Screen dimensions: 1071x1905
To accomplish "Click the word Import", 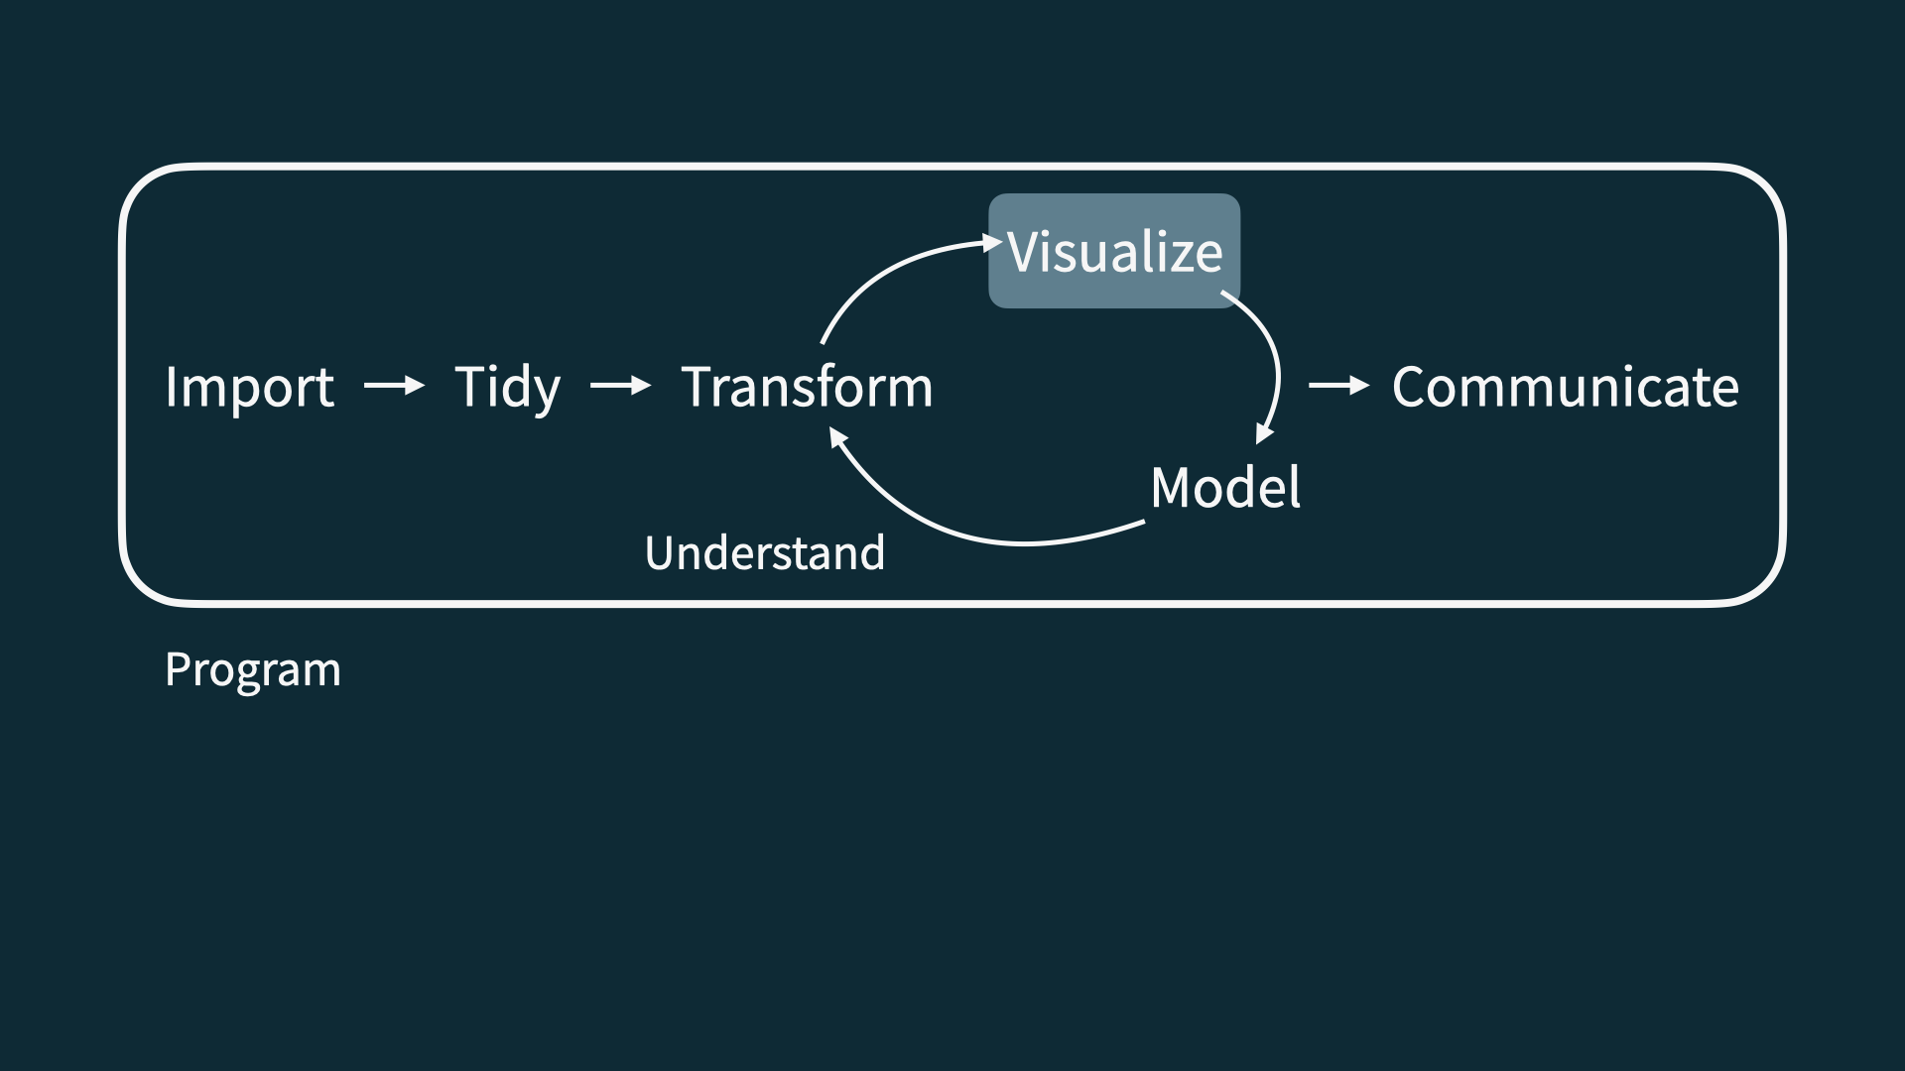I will coord(249,387).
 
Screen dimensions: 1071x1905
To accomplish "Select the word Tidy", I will coord(507,387).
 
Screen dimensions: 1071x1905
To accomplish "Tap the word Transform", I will coord(807,387).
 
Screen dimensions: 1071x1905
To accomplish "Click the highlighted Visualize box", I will coord(1114,251).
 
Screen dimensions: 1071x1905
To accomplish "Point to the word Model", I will coord(1225,487).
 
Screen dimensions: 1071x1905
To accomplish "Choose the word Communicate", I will coord(1565,387).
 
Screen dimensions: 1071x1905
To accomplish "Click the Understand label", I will coord(764,553).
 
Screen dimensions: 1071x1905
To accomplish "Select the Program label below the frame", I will coord(252,670).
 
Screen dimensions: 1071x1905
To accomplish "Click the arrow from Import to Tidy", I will coord(394,385).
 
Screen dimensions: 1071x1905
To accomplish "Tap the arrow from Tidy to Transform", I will coord(620,385).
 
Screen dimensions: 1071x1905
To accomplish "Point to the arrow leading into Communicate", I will coord(1338,385).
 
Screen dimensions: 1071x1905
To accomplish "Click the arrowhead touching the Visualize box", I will coord(992,242).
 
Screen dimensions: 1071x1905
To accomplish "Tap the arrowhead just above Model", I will coord(1263,433).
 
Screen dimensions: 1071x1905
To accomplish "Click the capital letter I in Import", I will coord(171,387).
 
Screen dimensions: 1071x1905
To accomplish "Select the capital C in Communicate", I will coord(1411,387).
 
